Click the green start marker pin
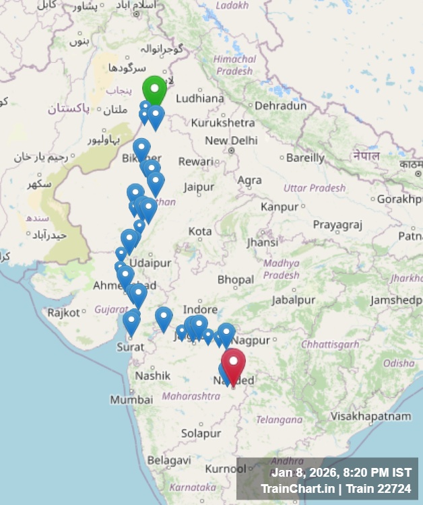pyautogui.click(x=154, y=89)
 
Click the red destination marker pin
pyautogui.click(x=233, y=364)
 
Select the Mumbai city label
pyautogui.click(x=127, y=400)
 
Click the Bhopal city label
pyautogui.click(x=236, y=279)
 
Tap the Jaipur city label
pyautogui.click(x=199, y=187)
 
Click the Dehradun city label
pyautogui.click(x=280, y=106)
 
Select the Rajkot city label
pyautogui.click(x=63, y=312)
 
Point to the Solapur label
pyautogui.click(x=201, y=433)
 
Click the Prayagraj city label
pyautogui.click(x=337, y=224)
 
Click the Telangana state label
pyautogui.click(x=279, y=419)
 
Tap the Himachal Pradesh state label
pyautogui.click(x=234, y=64)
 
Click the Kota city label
pyautogui.click(x=199, y=231)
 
